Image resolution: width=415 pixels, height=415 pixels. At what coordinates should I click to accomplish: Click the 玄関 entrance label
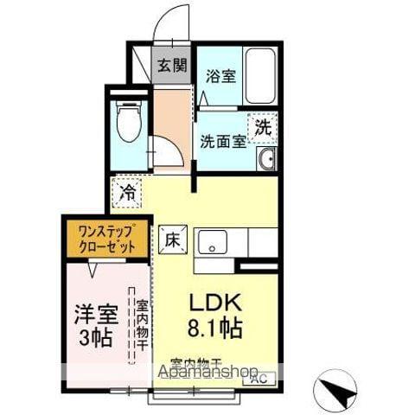point(172,65)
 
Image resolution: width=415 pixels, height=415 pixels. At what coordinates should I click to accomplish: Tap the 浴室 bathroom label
point(219,76)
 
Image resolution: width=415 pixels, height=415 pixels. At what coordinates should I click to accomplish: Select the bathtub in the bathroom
point(259,77)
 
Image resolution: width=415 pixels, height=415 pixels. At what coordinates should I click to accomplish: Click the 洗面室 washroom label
point(223,139)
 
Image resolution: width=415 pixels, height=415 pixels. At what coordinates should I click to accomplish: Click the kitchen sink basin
point(210,241)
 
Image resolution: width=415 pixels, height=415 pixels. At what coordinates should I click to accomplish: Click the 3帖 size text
point(95,337)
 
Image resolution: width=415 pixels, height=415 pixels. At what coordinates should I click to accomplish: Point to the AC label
point(257,378)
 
